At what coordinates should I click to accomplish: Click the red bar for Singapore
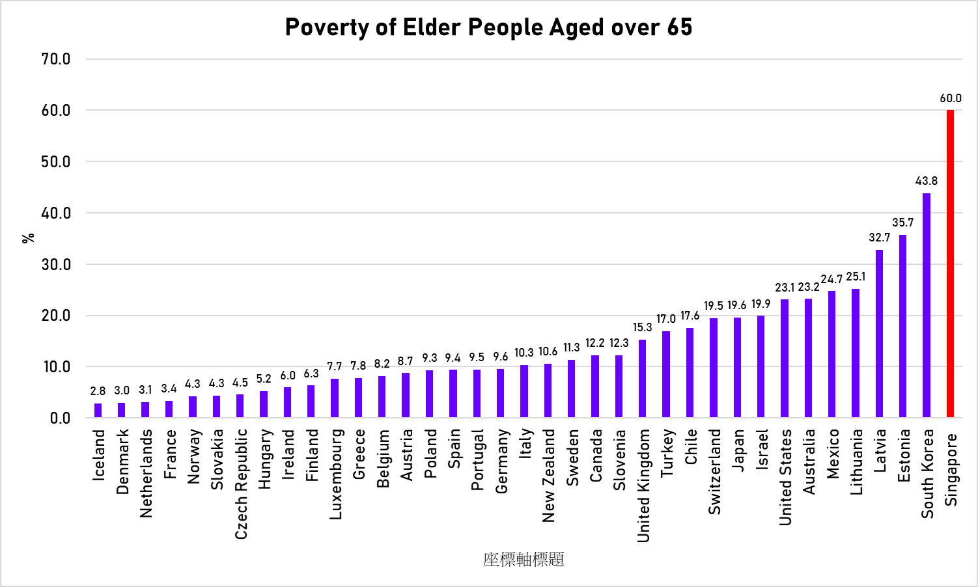click(950, 264)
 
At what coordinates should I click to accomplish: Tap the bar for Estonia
click(902, 325)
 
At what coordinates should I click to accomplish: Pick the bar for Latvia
click(879, 333)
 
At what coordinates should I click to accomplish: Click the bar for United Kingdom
click(642, 378)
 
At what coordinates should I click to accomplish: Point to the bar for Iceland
click(98, 410)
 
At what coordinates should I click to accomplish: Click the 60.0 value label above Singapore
click(950, 98)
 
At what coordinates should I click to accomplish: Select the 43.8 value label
click(927, 181)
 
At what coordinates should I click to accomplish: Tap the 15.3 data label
click(642, 327)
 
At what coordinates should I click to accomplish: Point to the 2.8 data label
click(98, 391)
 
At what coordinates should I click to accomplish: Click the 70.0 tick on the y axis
click(56, 59)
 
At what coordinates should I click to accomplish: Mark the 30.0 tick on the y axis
click(56, 264)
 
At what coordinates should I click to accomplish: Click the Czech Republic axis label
click(241, 484)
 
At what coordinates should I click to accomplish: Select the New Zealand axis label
click(549, 475)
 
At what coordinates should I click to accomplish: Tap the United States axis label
click(786, 476)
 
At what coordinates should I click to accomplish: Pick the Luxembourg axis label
click(335, 474)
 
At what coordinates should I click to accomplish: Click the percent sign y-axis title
click(28, 238)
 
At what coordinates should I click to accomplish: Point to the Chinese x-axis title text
click(524, 560)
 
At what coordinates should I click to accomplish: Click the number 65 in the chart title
click(679, 27)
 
